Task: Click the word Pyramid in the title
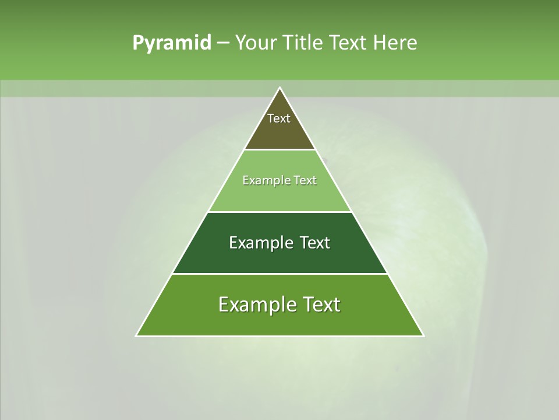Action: (x=172, y=43)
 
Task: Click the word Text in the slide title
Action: (x=348, y=43)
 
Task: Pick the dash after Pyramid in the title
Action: (x=223, y=43)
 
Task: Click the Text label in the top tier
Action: (x=279, y=118)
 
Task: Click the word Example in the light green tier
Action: (x=263, y=180)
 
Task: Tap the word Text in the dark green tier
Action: (x=315, y=243)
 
